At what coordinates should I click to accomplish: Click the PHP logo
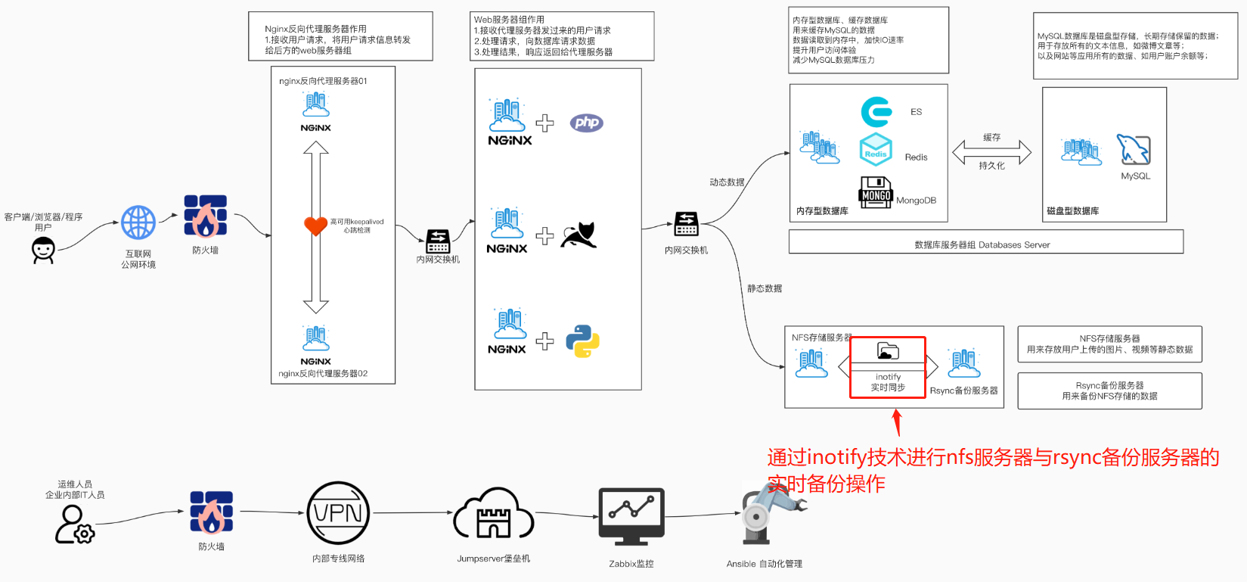pos(587,123)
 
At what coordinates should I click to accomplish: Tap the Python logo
pos(582,341)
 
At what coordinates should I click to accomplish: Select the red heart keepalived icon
pos(315,226)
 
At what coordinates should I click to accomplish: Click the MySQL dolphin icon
pos(1134,150)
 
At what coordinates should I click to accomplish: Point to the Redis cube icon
pos(876,149)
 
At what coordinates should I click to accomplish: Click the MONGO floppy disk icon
pos(876,192)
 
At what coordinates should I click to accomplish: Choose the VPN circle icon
pos(338,513)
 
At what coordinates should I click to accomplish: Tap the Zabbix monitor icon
pos(631,517)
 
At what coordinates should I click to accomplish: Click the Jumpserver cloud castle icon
pos(493,515)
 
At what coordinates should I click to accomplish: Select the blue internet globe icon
pos(138,223)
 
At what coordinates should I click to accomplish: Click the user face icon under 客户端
pos(43,250)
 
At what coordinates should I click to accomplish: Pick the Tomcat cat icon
pos(579,235)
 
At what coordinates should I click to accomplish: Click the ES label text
pos(916,112)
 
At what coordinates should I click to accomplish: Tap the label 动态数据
pos(727,182)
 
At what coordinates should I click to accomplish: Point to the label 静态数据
pos(765,288)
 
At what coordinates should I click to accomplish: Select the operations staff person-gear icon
pos(74,524)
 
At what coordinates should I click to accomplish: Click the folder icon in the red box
pos(888,350)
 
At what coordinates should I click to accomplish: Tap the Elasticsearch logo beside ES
pos(876,112)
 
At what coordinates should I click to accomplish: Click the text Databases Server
pos(1014,245)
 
